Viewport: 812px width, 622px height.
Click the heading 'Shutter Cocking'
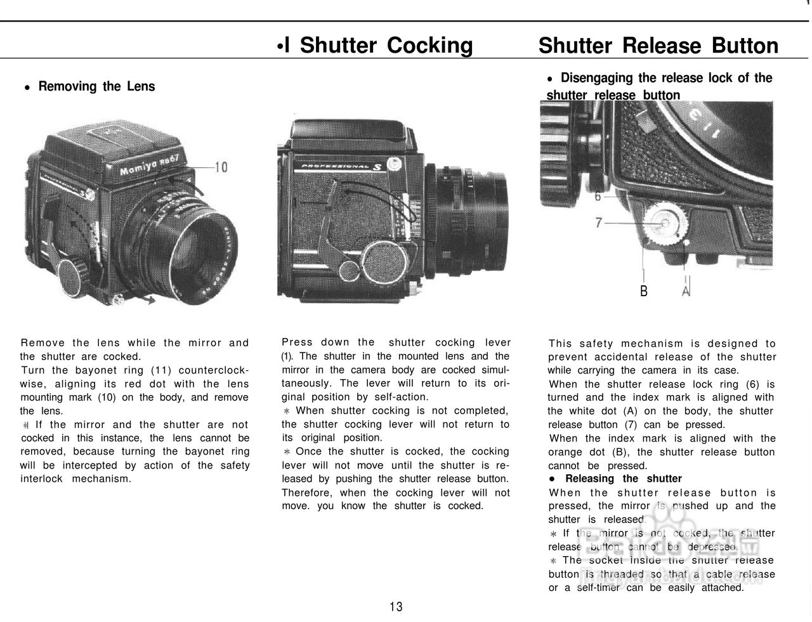pyautogui.click(x=386, y=46)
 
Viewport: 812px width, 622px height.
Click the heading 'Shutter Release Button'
pyautogui.click(x=658, y=46)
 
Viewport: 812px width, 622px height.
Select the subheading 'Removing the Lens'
pyautogui.click(x=96, y=86)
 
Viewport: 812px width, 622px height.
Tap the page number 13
pyautogui.click(x=396, y=607)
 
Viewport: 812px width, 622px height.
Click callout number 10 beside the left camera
pyautogui.click(x=221, y=167)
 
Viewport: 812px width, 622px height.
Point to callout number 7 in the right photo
pyautogui.click(x=599, y=223)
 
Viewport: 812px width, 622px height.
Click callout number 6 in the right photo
pyautogui.click(x=598, y=197)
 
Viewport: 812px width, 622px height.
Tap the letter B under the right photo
pyautogui.click(x=644, y=291)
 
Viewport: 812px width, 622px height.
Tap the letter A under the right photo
pyautogui.click(x=686, y=291)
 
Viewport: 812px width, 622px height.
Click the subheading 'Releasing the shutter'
pyautogui.click(x=623, y=479)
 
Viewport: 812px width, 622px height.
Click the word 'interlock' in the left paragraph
pyautogui.click(x=41, y=479)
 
